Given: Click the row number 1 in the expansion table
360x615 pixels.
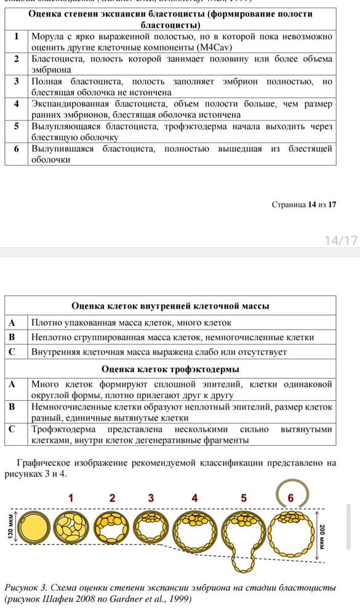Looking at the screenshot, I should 17,37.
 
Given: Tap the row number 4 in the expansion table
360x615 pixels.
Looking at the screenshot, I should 17,104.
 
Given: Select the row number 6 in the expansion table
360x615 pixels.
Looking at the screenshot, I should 17,149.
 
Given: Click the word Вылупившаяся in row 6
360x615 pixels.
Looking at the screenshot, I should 64,149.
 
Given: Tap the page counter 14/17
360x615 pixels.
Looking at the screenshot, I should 341,240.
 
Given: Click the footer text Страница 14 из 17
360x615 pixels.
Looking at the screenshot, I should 303,204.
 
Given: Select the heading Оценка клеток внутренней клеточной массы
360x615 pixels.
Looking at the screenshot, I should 170,306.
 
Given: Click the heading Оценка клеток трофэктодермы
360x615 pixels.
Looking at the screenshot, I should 170,369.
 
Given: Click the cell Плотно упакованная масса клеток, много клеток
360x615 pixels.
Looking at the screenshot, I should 131,322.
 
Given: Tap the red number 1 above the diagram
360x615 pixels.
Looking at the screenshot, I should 71,498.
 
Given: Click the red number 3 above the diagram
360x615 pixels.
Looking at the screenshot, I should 151,498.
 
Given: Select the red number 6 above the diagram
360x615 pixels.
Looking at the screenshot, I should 290,498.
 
